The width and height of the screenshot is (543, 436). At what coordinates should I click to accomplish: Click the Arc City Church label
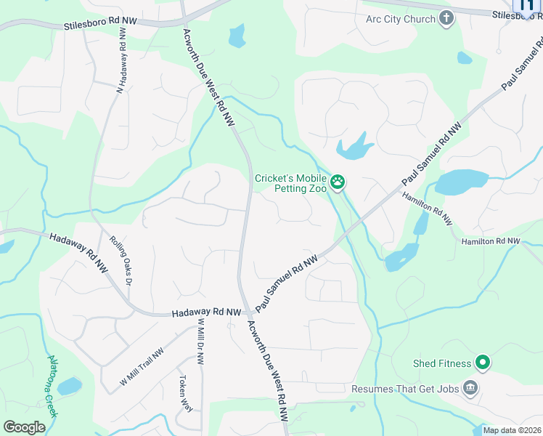pyautogui.click(x=400, y=19)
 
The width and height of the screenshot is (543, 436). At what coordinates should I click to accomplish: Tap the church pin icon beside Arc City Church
pyautogui.click(x=446, y=19)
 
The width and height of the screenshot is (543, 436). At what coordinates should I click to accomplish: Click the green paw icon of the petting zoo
pyautogui.click(x=337, y=182)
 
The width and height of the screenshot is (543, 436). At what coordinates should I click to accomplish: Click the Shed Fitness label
pyautogui.click(x=442, y=363)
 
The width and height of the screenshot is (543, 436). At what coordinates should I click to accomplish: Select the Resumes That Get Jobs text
pyautogui.click(x=405, y=389)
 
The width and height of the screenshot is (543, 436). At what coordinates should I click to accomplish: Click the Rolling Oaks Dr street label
pyautogui.click(x=121, y=260)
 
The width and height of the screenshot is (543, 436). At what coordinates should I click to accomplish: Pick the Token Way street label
pyautogui.click(x=186, y=393)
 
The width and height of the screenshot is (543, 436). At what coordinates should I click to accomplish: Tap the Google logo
pyautogui.click(x=24, y=427)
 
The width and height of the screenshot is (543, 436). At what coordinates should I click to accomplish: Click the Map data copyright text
pyautogui.click(x=512, y=430)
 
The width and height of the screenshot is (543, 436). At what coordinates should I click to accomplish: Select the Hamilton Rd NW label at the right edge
pyautogui.click(x=491, y=241)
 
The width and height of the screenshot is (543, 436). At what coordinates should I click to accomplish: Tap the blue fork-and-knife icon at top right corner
pyautogui.click(x=528, y=6)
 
